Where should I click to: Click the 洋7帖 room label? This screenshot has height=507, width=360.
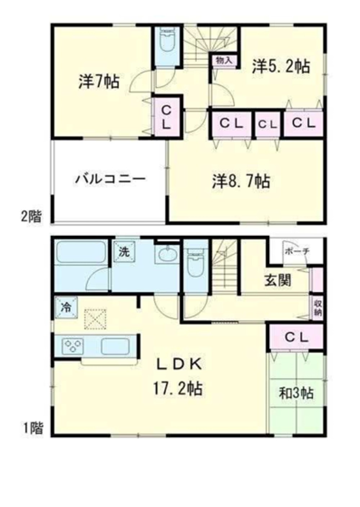coord(99,82)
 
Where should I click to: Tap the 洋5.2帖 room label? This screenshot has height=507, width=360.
coord(281,67)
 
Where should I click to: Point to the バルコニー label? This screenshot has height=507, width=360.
coord(110,179)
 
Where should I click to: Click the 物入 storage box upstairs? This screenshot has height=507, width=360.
coord(224,60)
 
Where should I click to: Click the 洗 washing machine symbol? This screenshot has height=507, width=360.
coord(124,251)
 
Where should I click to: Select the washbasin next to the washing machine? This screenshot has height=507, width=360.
coord(167,255)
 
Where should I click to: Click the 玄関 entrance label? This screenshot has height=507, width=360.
coord(278,280)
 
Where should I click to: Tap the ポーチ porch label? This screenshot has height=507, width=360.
coord(297,251)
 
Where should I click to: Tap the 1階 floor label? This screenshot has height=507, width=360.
coord(33,428)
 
